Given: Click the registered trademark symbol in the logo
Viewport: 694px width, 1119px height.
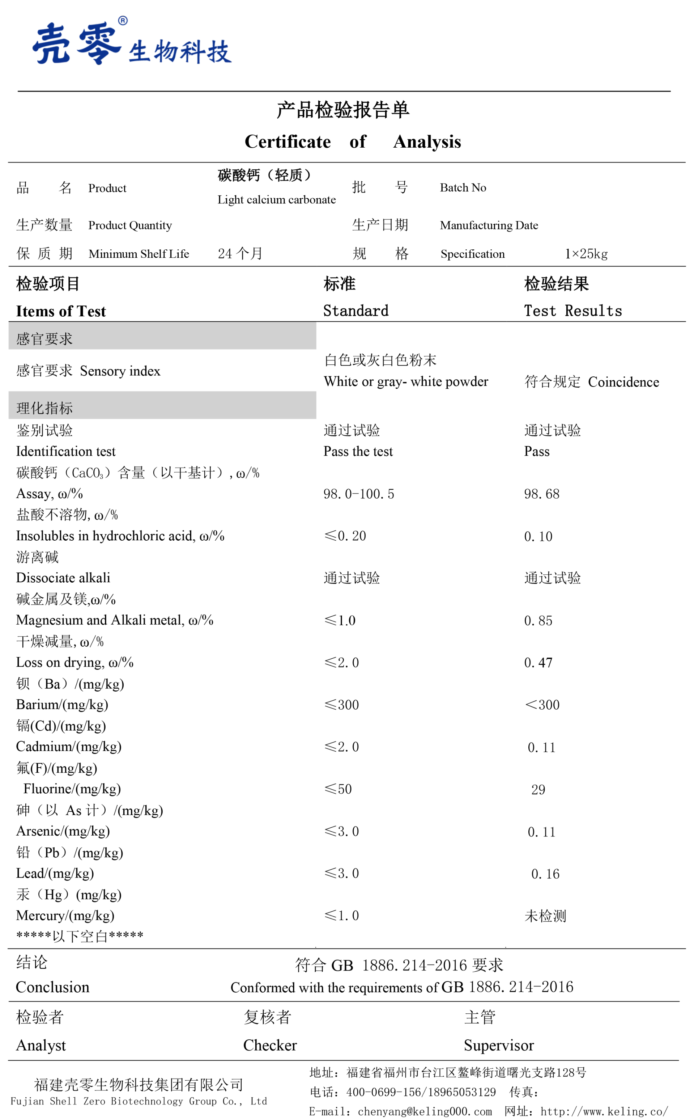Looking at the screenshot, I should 123,21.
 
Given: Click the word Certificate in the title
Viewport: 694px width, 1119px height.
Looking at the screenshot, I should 288,142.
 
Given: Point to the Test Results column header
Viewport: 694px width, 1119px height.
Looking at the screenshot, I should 573,311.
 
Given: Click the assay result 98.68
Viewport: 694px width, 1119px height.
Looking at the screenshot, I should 542,494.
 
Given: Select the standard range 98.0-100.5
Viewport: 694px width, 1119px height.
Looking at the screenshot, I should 358,494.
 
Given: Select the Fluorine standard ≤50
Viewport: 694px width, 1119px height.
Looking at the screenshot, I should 338,789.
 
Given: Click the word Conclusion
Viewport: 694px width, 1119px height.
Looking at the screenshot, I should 52,987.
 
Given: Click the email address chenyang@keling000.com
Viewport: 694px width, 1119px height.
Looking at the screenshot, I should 425,1111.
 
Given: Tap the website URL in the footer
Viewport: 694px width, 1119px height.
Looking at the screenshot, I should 604,1111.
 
